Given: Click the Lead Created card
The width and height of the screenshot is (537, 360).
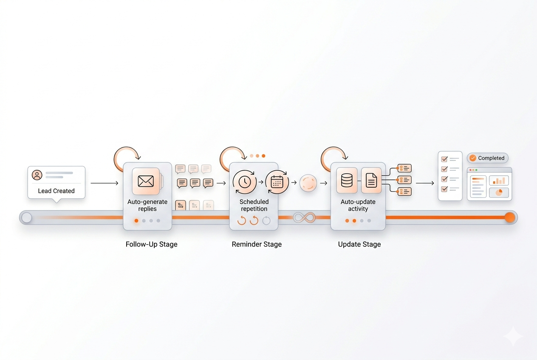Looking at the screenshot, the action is [57, 183].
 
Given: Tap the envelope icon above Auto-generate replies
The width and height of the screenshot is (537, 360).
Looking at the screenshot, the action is [146, 181].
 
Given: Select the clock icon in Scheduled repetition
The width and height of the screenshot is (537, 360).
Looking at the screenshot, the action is [244, 182].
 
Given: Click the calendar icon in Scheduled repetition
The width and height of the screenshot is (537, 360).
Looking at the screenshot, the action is [277, 182].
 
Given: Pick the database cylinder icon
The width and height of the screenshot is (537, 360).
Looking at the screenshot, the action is [347, 180].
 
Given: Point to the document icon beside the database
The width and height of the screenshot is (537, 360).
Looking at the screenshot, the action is [371, 180].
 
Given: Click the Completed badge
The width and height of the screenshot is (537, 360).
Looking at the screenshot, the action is [487, 158].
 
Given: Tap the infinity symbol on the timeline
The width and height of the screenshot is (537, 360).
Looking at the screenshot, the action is [305, 218].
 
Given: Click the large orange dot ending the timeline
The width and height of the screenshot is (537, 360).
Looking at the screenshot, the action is [510, 218].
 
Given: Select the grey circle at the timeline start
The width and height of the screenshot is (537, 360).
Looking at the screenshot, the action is [27, 218].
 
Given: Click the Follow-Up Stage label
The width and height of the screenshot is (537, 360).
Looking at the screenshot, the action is [152, 245].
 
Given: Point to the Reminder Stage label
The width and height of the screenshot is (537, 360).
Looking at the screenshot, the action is [257, 245].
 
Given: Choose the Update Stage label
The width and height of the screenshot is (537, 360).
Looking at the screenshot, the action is [359, 245].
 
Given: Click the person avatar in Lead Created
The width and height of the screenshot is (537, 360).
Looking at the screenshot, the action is [37, 175].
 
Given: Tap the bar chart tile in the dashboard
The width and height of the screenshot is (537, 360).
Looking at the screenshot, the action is [499, 180].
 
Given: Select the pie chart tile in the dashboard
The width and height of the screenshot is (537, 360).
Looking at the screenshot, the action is [499, 193].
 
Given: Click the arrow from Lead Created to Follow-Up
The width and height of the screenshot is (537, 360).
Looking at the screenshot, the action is [104, 183].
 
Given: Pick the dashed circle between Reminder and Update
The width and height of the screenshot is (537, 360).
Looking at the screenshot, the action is [308, 183].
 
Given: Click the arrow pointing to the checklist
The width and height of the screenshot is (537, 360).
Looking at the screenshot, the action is [425, 183].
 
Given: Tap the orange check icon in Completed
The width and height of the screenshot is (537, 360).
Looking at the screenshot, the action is [473, 158].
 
